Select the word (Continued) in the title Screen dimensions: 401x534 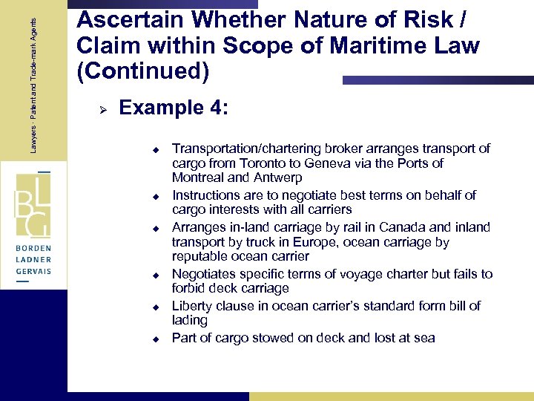[x=143, y=72]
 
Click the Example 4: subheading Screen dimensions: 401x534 [x=174, y=108]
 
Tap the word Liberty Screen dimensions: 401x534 [x=192, y=306]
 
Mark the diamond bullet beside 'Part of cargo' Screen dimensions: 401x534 [x=157, y=339]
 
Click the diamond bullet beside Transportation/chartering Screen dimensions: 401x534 [x=157, y=149]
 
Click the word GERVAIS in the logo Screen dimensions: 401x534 [x=34, y=273]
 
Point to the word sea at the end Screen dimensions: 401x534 [x=425, y=339]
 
